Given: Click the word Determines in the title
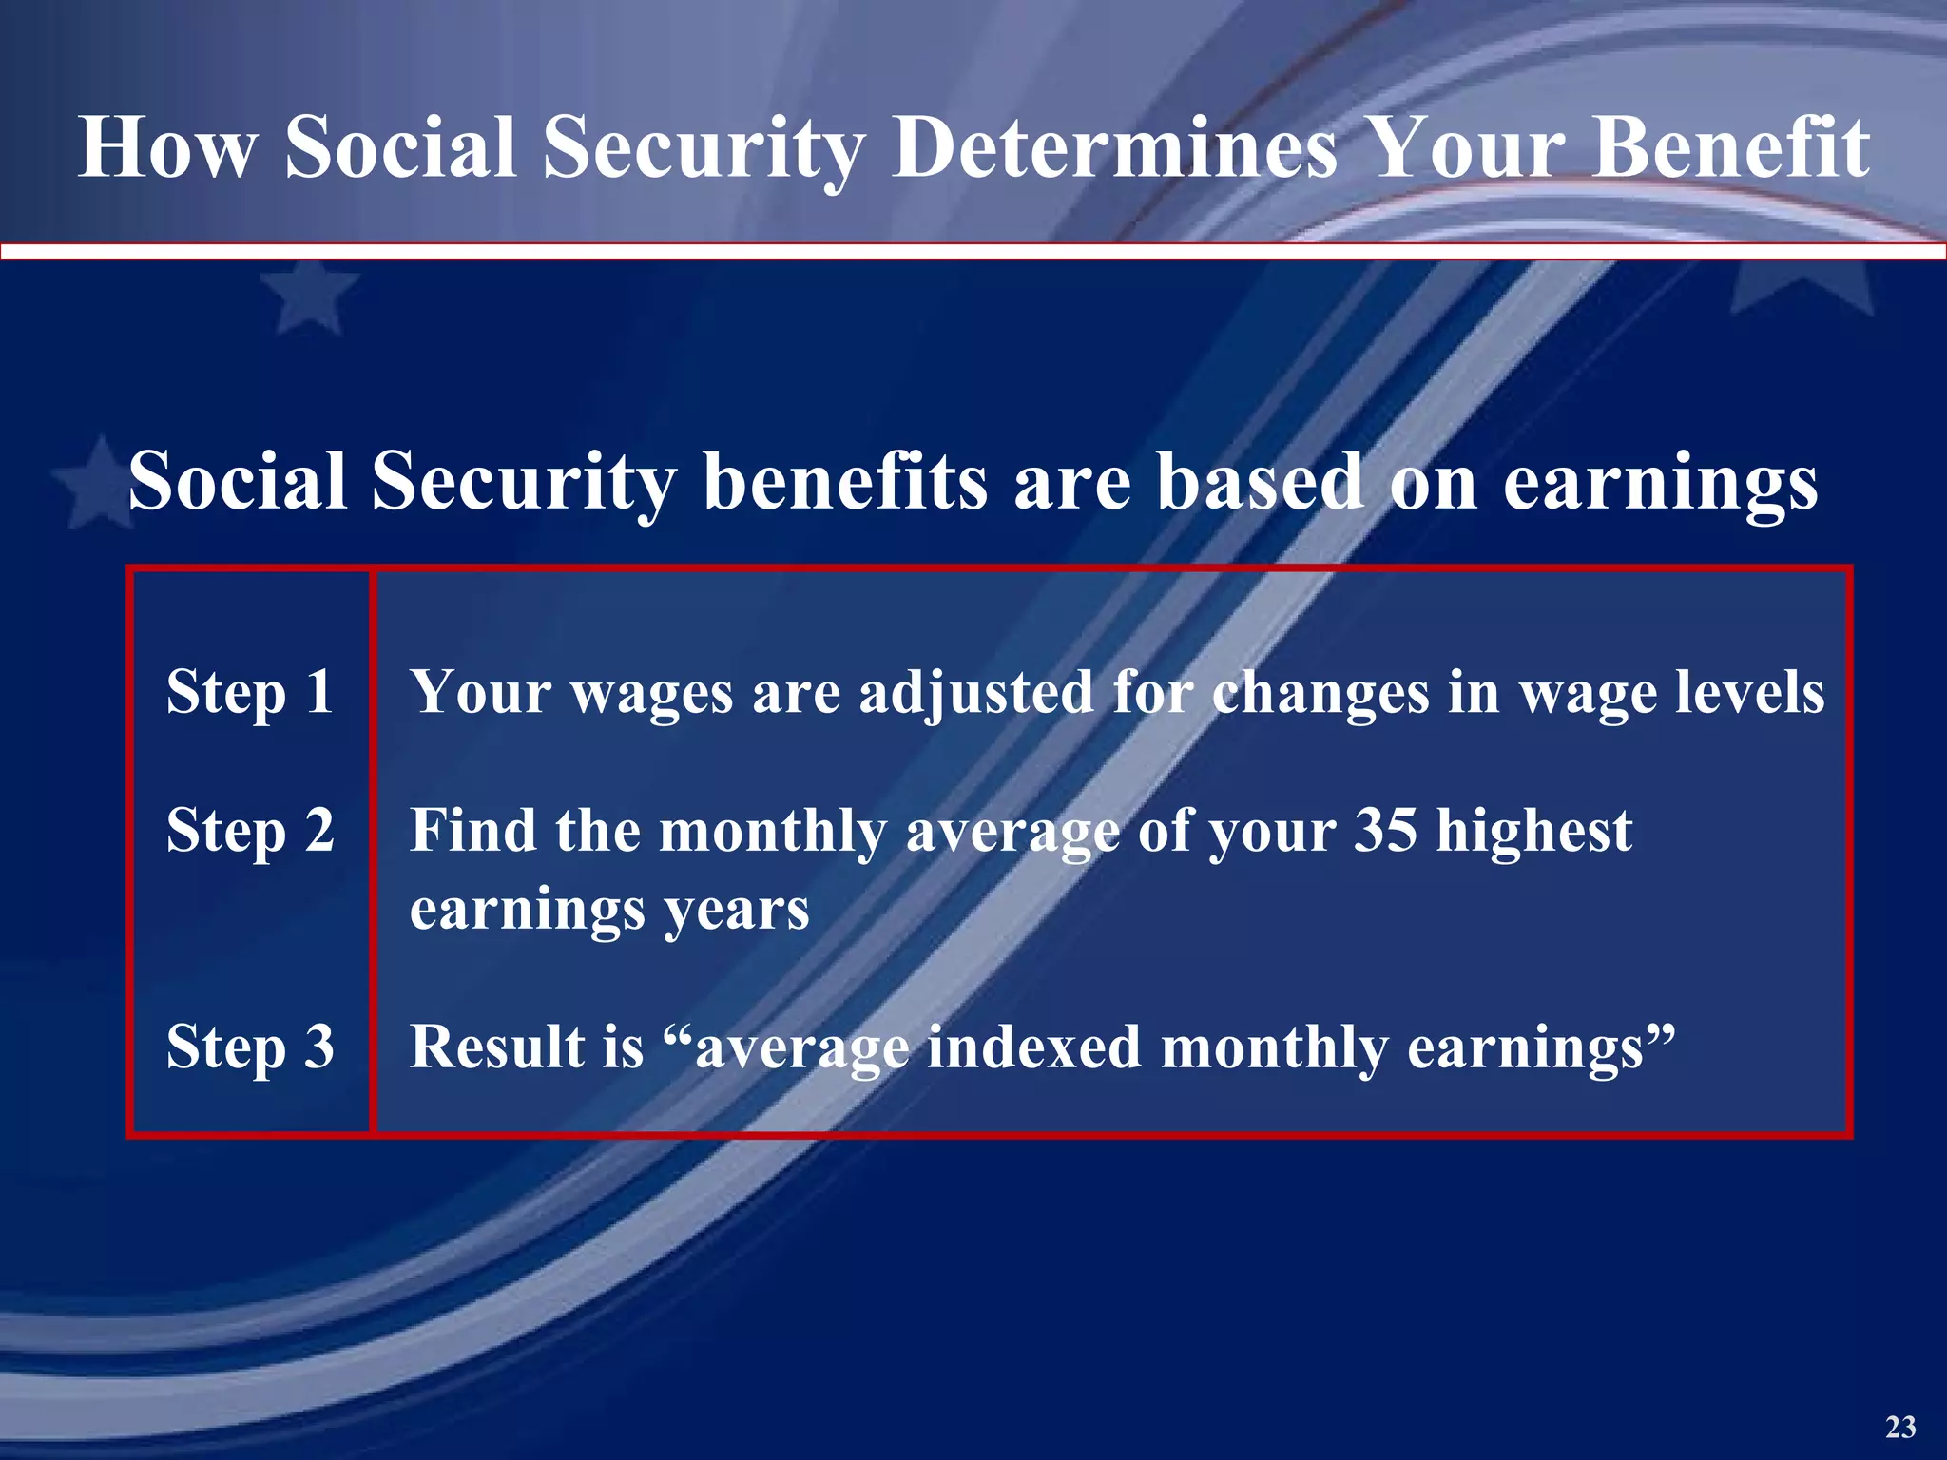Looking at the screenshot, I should click(1115, 147).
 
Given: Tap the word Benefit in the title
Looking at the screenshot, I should click(1730, 147).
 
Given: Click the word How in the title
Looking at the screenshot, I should click(167, 147).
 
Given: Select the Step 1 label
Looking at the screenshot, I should click(250, 691).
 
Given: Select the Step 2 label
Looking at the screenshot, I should click(250, 830).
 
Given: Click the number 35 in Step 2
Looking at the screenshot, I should click(1385, 830).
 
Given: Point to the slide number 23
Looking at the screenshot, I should click(1900, 1427).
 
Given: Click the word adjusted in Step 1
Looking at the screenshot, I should click(976, 693).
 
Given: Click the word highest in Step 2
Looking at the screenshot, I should click(1533, 830).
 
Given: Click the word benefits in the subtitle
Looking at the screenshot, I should click(845, 481).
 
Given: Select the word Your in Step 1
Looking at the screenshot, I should click(480, 691).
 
